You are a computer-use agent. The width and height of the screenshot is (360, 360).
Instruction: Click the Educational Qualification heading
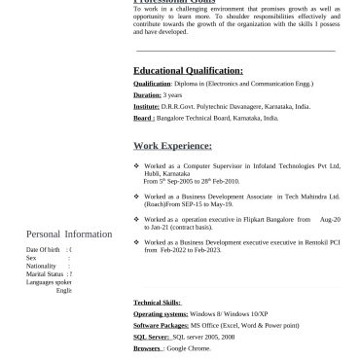click(188, 71)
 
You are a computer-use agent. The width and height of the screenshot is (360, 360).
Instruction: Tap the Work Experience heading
click(172, 146)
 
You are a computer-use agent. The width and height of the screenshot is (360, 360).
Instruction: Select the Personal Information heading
click(68, 234)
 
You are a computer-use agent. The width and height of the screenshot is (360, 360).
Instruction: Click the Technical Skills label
click(157, 304)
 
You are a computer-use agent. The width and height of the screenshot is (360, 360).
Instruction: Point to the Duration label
click(147, 95)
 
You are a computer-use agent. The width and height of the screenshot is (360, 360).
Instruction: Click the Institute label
click(146, 106)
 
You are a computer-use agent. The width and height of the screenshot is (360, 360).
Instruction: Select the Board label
click(144, 118)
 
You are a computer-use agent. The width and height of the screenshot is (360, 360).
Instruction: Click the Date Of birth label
click(44, 250)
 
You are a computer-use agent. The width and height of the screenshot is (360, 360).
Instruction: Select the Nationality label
click(42, 266)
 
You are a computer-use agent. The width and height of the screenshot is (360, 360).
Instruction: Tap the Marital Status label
click(45, 274)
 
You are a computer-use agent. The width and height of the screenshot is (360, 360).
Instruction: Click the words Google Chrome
click(188, 346)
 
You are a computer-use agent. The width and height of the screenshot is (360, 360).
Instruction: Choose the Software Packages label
click(161, 325)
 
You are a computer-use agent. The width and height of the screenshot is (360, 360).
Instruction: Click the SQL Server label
click(151, 336)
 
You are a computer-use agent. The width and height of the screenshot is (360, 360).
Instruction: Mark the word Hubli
click(151, 174)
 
